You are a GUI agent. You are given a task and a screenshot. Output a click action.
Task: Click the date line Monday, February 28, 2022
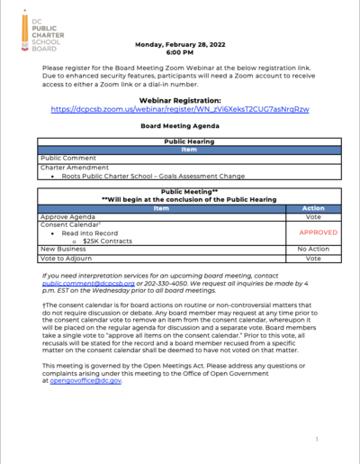(x=179, y=44)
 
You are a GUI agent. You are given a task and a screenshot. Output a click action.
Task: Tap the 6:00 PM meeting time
(x=179, y=52)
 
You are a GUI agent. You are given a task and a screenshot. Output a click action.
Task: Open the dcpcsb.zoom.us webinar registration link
(x=179, y=109)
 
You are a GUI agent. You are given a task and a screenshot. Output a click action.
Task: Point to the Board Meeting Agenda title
(x=179, y=127)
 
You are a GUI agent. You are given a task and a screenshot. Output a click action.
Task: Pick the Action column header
(x=312, y=208)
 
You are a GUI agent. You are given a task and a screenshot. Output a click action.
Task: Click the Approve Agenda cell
(x=73, y=216)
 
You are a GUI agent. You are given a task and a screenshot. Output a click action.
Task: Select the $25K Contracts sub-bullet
(x=106, y=241)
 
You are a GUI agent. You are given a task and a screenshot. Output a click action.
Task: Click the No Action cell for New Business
(x=312, y=250)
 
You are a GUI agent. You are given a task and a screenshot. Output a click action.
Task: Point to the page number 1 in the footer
(x=317, y=441)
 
